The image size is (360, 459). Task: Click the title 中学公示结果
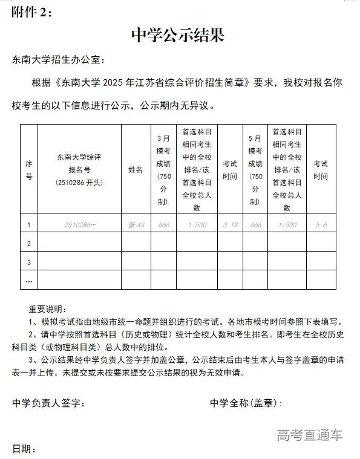[x=178, y=36]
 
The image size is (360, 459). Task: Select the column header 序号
[x=28, y=169]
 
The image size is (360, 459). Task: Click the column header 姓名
[x=136, y=170]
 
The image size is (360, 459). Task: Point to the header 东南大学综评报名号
[x=79, y=169]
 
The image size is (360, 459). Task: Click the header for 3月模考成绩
[x=163, y=169]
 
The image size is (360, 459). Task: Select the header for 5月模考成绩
[x=255, y=169]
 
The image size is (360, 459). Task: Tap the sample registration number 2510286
[x=80, y=225]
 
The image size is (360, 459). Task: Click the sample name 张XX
[x=136, y=225]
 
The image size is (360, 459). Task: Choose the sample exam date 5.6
[x=321, y=225]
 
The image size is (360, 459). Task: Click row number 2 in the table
[x=28, y=243]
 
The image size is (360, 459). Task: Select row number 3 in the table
[x=28, y=262]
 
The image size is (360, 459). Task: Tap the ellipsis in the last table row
[x=28, y=280]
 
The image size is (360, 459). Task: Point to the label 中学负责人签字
[x=48, y=403]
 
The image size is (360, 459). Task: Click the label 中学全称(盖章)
[x=246, y=403]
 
